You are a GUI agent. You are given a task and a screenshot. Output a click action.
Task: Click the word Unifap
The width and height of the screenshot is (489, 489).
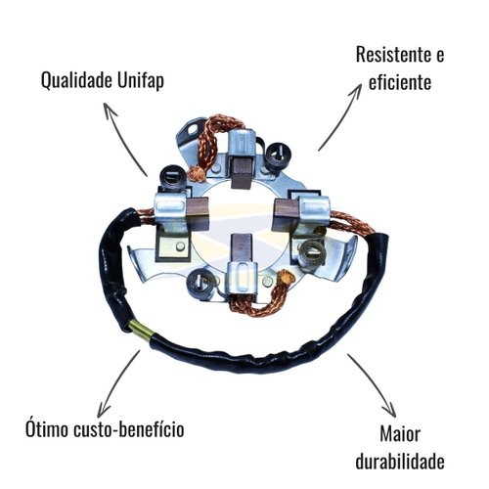coord(141,81)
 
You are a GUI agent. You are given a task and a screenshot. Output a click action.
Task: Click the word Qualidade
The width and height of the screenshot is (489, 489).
coord(76,80)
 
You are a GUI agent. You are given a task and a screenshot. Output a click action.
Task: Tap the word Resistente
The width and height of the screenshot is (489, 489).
coord(392,55)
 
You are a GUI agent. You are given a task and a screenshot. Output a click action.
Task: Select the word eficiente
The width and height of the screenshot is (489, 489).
coord(400,81)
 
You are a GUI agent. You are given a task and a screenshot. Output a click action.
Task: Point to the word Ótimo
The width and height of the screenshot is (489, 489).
coord(47,428)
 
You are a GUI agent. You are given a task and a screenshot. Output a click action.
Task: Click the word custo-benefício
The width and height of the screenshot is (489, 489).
coord(129,428)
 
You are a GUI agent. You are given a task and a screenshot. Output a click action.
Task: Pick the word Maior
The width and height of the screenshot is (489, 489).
coord(400,434)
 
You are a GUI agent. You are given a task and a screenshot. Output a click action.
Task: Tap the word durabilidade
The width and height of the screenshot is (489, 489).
coord(400,461)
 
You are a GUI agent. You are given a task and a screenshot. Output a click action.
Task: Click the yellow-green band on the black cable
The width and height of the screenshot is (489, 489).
coord(141,330)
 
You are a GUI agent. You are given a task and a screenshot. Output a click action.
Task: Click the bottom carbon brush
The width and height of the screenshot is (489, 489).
coord(241,249)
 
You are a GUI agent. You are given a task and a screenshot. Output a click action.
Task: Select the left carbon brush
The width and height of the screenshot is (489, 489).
coord(199,211)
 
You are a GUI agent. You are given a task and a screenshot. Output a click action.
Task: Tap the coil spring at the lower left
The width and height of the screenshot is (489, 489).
coord(200,285)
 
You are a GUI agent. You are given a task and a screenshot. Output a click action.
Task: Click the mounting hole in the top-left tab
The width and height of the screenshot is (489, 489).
coord(196,129)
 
